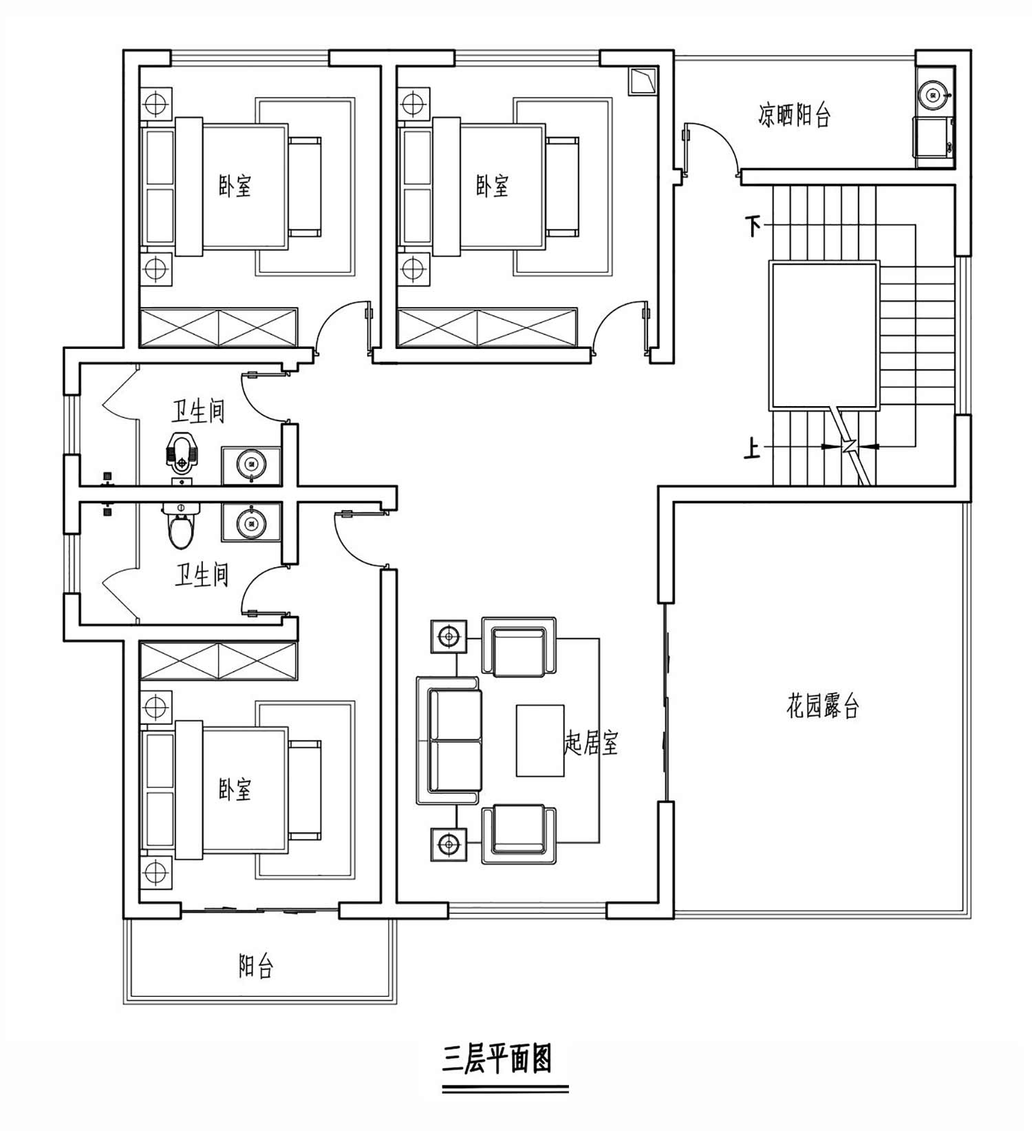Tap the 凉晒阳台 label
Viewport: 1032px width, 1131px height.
pos(795,115)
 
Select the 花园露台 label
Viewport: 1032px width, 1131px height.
pos(823,706)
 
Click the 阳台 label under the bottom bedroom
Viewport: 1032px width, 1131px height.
pos(256,966)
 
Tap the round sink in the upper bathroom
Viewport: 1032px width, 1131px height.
pos(250,464)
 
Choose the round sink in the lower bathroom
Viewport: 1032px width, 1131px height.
pos(250,523)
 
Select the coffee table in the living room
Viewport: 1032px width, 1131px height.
pos(540,740)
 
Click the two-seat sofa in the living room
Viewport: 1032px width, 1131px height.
pos(449,740)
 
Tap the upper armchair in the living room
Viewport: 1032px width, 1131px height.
pos(519,646)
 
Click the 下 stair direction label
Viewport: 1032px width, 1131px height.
pos(754,225)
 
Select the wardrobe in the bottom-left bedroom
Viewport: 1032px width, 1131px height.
pos(219,662)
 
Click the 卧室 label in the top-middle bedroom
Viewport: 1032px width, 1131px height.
pos(493,185)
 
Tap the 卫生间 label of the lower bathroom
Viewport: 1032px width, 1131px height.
pos(202,575)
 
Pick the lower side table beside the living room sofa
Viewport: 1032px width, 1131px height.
pos(449,843)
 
